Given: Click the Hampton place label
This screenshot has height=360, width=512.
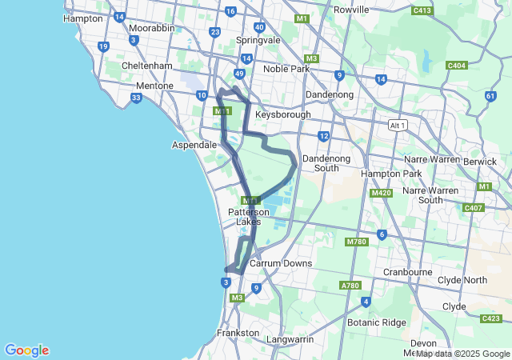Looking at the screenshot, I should pyautogui.click(x=82, y=18).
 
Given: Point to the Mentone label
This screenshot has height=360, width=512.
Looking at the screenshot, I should pyautogui.click(x=154, y=85).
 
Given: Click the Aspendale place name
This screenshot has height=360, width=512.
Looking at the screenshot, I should pyautogui.click(x=194, y=145).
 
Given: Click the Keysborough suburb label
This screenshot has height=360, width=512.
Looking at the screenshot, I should pyautogui.click(x=282, y=114).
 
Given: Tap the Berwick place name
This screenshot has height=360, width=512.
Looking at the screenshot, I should pyautogui.click(x=480, y=161).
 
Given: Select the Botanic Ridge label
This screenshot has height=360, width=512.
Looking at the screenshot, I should pyautogui.click(x=378, y=322).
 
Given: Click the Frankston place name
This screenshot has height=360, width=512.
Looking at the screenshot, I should pyautogui.click(x=238, y=332).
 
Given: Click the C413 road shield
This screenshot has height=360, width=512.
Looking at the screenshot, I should pyautogui.click(x=422, y=10).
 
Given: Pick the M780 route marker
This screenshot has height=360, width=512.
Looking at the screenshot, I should pyautogui.click(x=356, y=242).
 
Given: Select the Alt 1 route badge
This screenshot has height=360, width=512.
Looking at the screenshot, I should pyautogui.click(x=397, y=126).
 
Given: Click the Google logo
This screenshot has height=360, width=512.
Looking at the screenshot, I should pyautogui.click(x=26, y=350).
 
